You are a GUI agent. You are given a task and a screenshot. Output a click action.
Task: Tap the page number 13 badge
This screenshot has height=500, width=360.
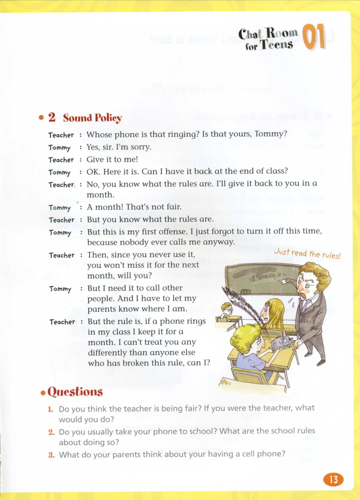[333, 479]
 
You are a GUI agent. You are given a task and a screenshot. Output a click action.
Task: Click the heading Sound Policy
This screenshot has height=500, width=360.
[92, 118]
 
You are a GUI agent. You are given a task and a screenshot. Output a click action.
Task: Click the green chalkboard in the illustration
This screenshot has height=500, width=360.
[261, 279]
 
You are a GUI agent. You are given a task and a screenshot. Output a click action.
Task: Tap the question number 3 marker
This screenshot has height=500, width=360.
[51, 455]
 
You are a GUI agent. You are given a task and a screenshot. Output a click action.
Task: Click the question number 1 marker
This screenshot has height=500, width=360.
[51, 409]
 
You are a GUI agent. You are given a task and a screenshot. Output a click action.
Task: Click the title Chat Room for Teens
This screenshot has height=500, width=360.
[269, 39]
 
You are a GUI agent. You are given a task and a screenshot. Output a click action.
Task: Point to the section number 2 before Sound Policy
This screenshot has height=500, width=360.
[52, 118]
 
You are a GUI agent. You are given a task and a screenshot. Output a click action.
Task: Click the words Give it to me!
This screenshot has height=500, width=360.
[112, 159]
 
